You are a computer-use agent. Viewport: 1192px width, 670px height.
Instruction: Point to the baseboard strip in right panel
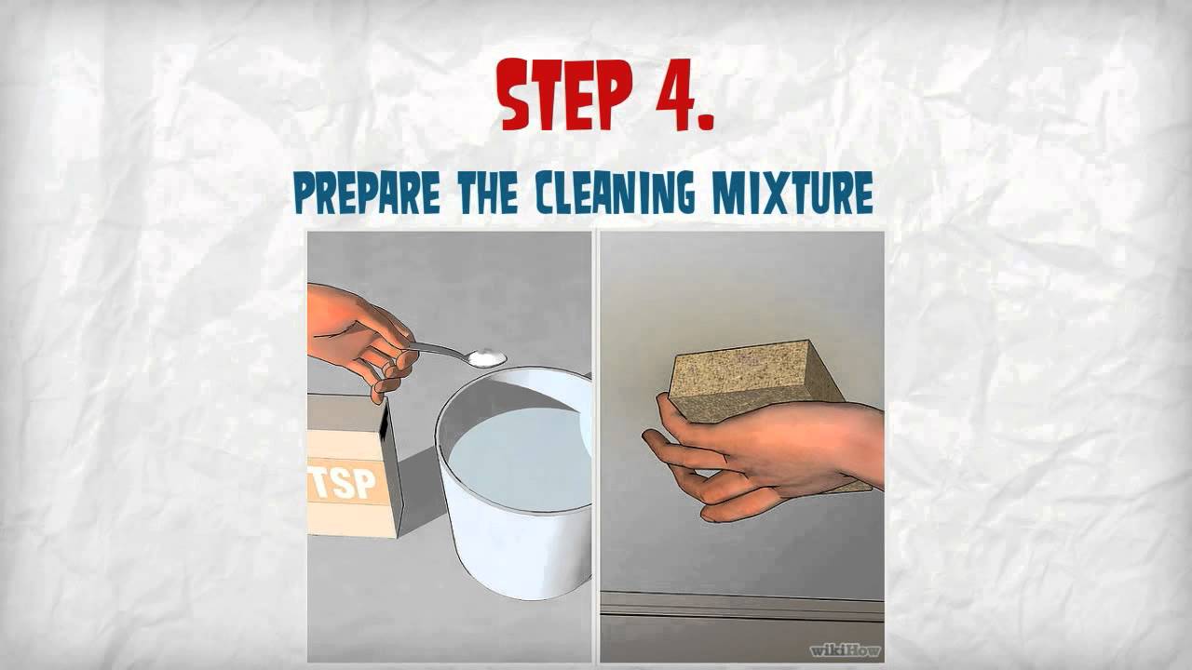pyautogui.click(x=740, y=607)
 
